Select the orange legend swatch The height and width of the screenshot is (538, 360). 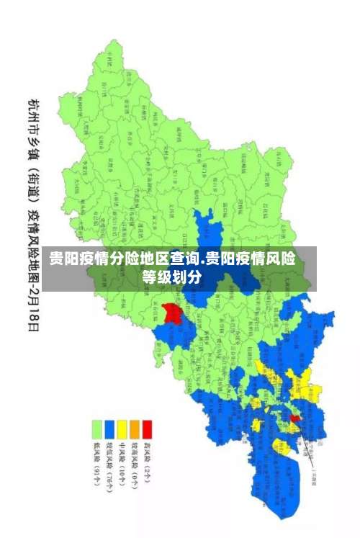(x=134, y=429)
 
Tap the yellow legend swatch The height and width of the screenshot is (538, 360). (x=122, y=429)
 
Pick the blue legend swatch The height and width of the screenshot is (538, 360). (x=109, y=429)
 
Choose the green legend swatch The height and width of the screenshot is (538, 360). (x=96, y=429)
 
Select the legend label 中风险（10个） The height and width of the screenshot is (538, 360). (x=122, y=465)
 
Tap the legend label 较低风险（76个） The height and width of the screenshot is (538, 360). (x=109, y=467)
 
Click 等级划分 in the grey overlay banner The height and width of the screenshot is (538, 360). (x=171, y=277)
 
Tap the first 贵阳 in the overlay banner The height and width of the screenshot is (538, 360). (x=64, y=259)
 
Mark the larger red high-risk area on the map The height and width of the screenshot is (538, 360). (x=172, y=313)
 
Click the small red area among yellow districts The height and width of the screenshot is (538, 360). (x=295, y=418)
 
